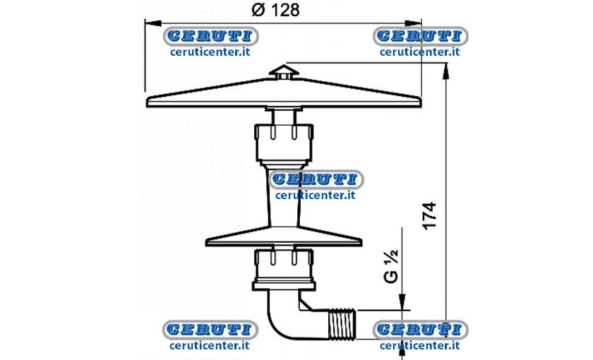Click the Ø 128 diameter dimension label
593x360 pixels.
(275, 10)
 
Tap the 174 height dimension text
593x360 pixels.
(429, 216)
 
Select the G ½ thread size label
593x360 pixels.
(391, 266)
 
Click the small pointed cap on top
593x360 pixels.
(284, 72)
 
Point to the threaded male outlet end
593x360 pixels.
(342, 323)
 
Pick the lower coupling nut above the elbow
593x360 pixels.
(284, 266)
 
